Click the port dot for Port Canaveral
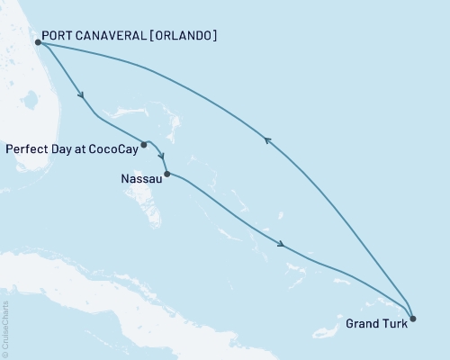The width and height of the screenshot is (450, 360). point(38,41)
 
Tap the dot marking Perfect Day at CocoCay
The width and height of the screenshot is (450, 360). point(144,143)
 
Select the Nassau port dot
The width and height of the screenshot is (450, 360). point(167,174)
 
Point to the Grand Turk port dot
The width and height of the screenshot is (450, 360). point(412,318)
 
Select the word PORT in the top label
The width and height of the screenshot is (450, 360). point(62,36)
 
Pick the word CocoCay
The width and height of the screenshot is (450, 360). point(114,148)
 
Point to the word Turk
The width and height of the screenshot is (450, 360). point(395,324)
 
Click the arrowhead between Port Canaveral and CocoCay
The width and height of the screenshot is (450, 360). point(82,95)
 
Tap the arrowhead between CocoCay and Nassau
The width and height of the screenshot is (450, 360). point(161,157)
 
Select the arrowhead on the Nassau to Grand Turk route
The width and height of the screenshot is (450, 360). point(284,244)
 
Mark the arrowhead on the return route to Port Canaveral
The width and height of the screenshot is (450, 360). point(266,139)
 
